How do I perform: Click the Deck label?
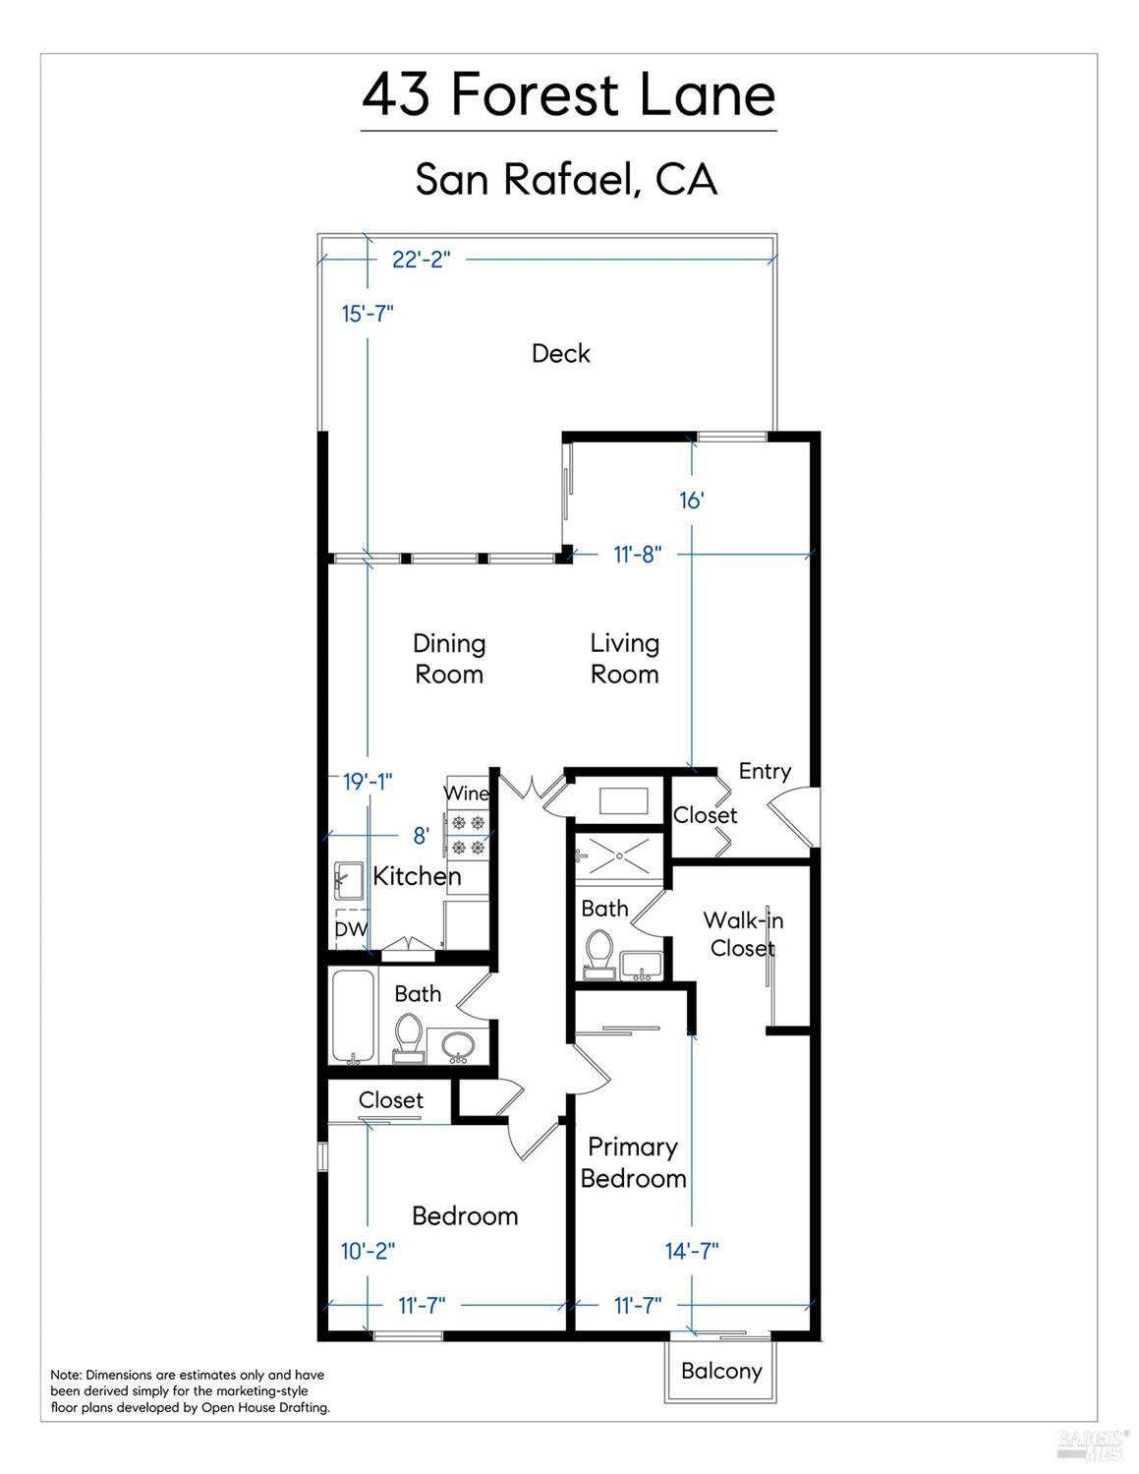coord(561,353)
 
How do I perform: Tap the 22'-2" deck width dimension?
coord(421,260)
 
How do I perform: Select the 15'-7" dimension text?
coord(368,314)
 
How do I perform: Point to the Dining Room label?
coord(449,659)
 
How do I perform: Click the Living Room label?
coord(624,659)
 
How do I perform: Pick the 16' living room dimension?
coord(692,501)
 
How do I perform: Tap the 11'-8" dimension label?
coord(637,555)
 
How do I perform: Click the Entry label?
coord(765,771)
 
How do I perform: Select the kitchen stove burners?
coord(469,835)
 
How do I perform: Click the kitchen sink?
coord(349,880)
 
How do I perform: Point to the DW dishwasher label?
coord(351,928)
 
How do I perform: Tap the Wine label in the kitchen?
coord(466,793)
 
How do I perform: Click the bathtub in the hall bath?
coord(352,1017)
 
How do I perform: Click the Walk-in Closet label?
coord(743,934)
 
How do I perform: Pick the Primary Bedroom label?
coord(633,1162)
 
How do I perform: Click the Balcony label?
coord(721,1371)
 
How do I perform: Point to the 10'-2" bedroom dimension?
coord(368,1250)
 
